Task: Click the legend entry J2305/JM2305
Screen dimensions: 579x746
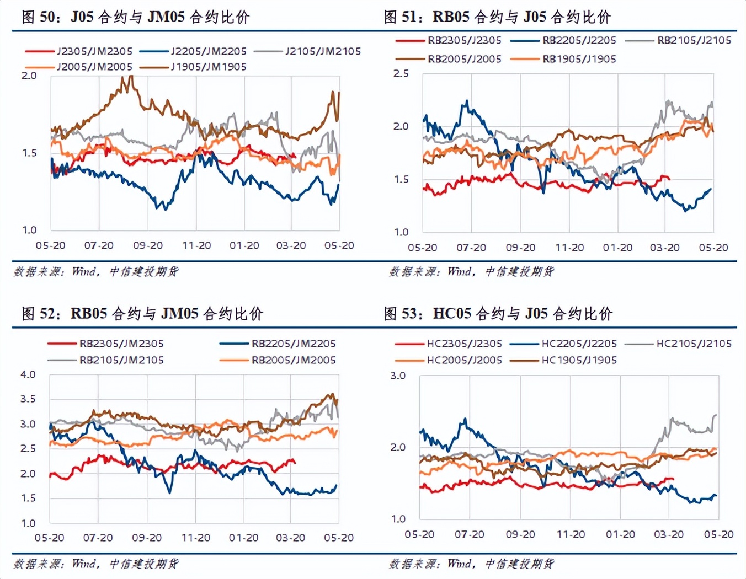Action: pyautogui.click(x=94, y=51)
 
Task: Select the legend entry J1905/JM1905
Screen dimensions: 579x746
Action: pyautogui.click(x=209, y=67)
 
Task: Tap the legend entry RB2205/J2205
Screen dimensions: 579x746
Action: pyautogui.click(x=579, y=40)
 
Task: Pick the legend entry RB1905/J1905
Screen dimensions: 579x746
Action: pyautogui.click(x=579, y=59)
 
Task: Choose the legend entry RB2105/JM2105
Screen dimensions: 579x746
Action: pyautogui.click(x=121, y=360)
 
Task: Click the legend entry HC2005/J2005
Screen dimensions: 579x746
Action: pyautogui.click(x=464, y=360)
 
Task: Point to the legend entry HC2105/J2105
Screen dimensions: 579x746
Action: pyautogui.click(x=694, y=344)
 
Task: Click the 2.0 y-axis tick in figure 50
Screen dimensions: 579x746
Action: pyautogui.click(x=29, y=76)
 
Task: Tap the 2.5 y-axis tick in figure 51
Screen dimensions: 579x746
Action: pyautogui.click(x=401, y=73)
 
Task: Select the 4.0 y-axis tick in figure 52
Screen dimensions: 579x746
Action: pyautogui.click(x=28, y=374)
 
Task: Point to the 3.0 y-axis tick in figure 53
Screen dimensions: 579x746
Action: pyautogui.click(x=398, y=376)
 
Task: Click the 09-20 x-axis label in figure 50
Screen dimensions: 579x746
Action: pyautogui.click(x=148, y=245)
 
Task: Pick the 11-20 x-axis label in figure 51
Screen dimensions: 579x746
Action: pyautogui.click(x=569, y=248)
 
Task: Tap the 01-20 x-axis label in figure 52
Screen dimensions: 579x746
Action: pyautogui.click(x=243, y=538)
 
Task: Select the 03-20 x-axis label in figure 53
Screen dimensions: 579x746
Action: pyautogui.click(x=669, y=534)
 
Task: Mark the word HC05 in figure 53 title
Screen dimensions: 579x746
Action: pyautogui.click(x=451, y=314)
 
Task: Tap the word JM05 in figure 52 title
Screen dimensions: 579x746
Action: pyautogui.click(x=180, y=314)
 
